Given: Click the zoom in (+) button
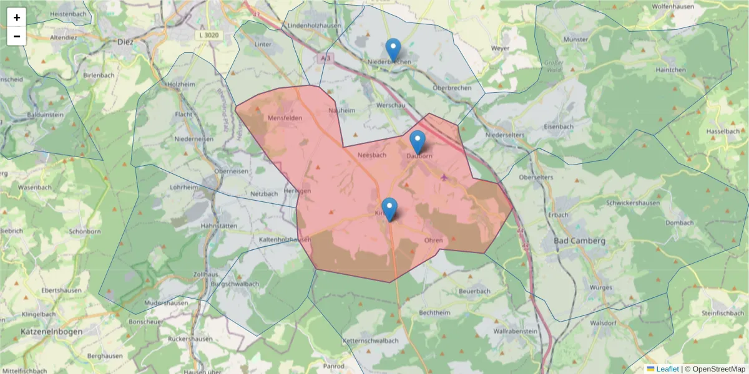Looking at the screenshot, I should [x=17, y=17].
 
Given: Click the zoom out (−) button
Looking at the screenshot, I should [x=17, y=36].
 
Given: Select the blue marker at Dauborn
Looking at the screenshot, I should [x=418, y=142].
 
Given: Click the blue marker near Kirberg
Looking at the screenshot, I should [x=389, y=209].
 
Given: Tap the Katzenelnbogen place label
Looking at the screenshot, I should [x=51, y=332].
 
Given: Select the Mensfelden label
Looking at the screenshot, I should [x=285, y=118].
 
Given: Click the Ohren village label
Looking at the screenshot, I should [x=433, y=240].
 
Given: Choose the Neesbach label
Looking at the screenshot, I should [x=372, y=155].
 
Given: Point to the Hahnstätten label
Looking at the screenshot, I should [x=218, y=225].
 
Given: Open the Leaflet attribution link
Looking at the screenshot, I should [x=667, y=369].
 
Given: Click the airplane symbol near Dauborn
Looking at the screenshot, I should [x=444, y=177].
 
